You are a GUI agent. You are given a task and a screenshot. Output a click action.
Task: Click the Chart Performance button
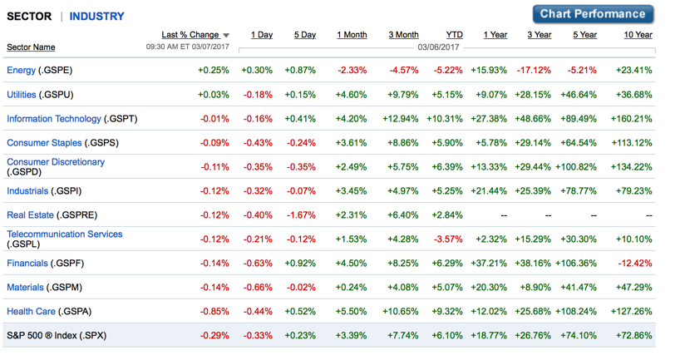593,14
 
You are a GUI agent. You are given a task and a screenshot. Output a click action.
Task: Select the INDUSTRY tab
96,16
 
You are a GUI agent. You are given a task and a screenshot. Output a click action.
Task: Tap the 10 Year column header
638,35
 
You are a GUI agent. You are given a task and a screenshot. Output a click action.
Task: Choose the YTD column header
454,35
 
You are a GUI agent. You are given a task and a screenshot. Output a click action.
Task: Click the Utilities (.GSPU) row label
40,95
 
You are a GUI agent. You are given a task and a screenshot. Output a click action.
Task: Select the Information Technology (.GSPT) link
71,119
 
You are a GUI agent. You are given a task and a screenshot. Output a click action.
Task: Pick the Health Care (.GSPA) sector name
49,312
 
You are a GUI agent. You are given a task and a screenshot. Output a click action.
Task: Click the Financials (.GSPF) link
45,264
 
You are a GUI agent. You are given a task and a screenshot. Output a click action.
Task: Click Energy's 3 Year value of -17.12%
533,71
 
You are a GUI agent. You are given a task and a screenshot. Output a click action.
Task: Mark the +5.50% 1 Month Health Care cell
352,312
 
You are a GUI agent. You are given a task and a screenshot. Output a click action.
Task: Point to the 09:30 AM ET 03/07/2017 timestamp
188,48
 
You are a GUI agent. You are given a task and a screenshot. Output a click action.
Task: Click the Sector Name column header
31,47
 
